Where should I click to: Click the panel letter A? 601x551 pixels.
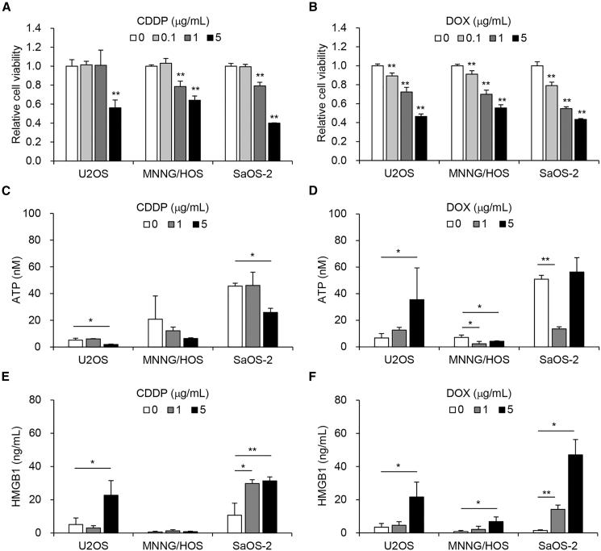pyautogui.click(x=6, y=7)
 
